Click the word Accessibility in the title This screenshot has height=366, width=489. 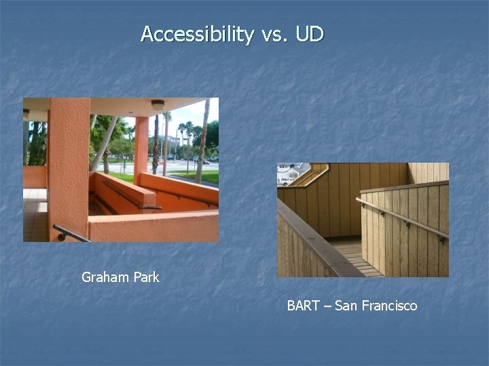(x=197, y=34)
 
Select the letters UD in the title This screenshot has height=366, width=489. (x=310, y=34)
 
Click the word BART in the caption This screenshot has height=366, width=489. (x=304, y=306)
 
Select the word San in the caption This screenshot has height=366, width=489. (x=346, y=306)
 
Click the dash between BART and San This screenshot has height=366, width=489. (x=328, y=306)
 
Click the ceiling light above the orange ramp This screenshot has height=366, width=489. (x=158, y=105)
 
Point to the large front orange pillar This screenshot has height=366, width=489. (x=69, y=163)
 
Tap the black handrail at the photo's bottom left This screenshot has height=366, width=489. (x=68, y=234)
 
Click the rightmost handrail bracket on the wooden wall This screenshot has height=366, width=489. (x=441, y=239)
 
